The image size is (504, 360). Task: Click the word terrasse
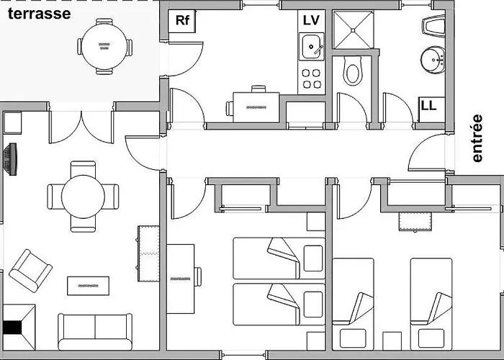39,14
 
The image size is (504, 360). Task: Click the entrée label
477,138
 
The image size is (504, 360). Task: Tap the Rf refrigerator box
182,21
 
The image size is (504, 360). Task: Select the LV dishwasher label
311,20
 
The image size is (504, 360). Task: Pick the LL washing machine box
432,109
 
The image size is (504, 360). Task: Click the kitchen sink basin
312,47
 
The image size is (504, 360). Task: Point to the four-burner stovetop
312,78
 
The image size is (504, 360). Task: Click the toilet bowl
353,71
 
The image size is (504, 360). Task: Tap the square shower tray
353,30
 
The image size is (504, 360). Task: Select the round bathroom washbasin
433,60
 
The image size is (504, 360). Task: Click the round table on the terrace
104,46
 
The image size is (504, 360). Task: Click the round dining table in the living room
83,197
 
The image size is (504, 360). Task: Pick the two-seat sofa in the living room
95,332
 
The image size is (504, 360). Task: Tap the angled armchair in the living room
30,271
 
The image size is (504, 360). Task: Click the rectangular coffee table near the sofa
88,286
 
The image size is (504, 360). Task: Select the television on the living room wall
10,159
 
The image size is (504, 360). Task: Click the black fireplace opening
12,328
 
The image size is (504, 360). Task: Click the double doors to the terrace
81,127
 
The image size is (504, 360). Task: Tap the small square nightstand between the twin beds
392,341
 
